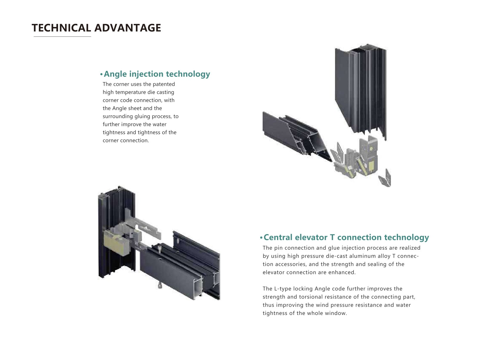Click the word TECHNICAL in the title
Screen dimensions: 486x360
(x=61, y=28)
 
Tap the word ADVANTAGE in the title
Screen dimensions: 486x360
(x=128, y=28)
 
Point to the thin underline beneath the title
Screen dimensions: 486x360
(x=62, y=36)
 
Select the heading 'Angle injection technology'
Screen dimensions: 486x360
(x=157, y=74)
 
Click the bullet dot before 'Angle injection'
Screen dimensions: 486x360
(x=101, y=75)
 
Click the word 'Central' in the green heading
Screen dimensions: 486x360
(x=278, y=237)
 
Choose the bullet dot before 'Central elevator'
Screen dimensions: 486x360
(x=261, y=238)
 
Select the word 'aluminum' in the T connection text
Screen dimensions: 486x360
(x=359, y=256)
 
